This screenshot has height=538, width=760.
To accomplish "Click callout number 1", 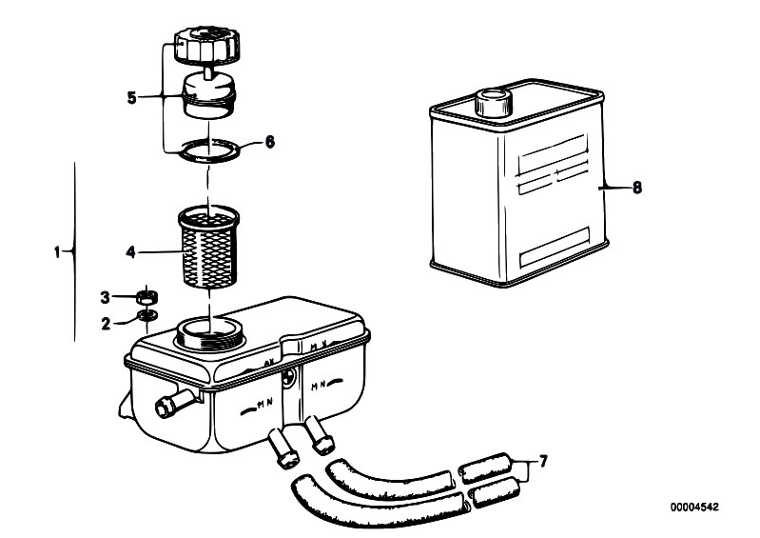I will [58, 252].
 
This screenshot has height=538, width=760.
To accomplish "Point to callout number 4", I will [131, 252].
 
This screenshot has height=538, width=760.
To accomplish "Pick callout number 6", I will [269, 143].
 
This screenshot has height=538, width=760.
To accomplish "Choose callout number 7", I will [543, 462].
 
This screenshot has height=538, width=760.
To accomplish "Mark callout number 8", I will [636, 188].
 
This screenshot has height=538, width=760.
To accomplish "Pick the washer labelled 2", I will [148, 315].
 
